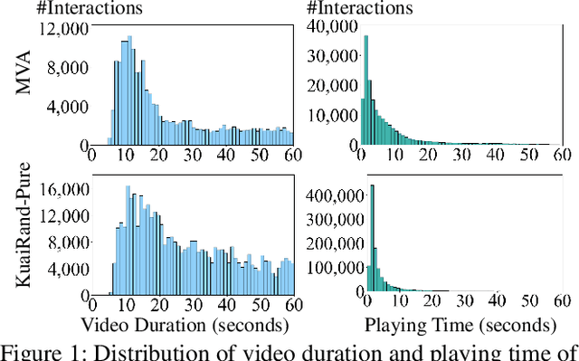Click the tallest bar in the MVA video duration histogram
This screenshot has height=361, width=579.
click(128, 90)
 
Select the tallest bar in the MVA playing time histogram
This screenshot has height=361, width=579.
click(365, 90)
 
